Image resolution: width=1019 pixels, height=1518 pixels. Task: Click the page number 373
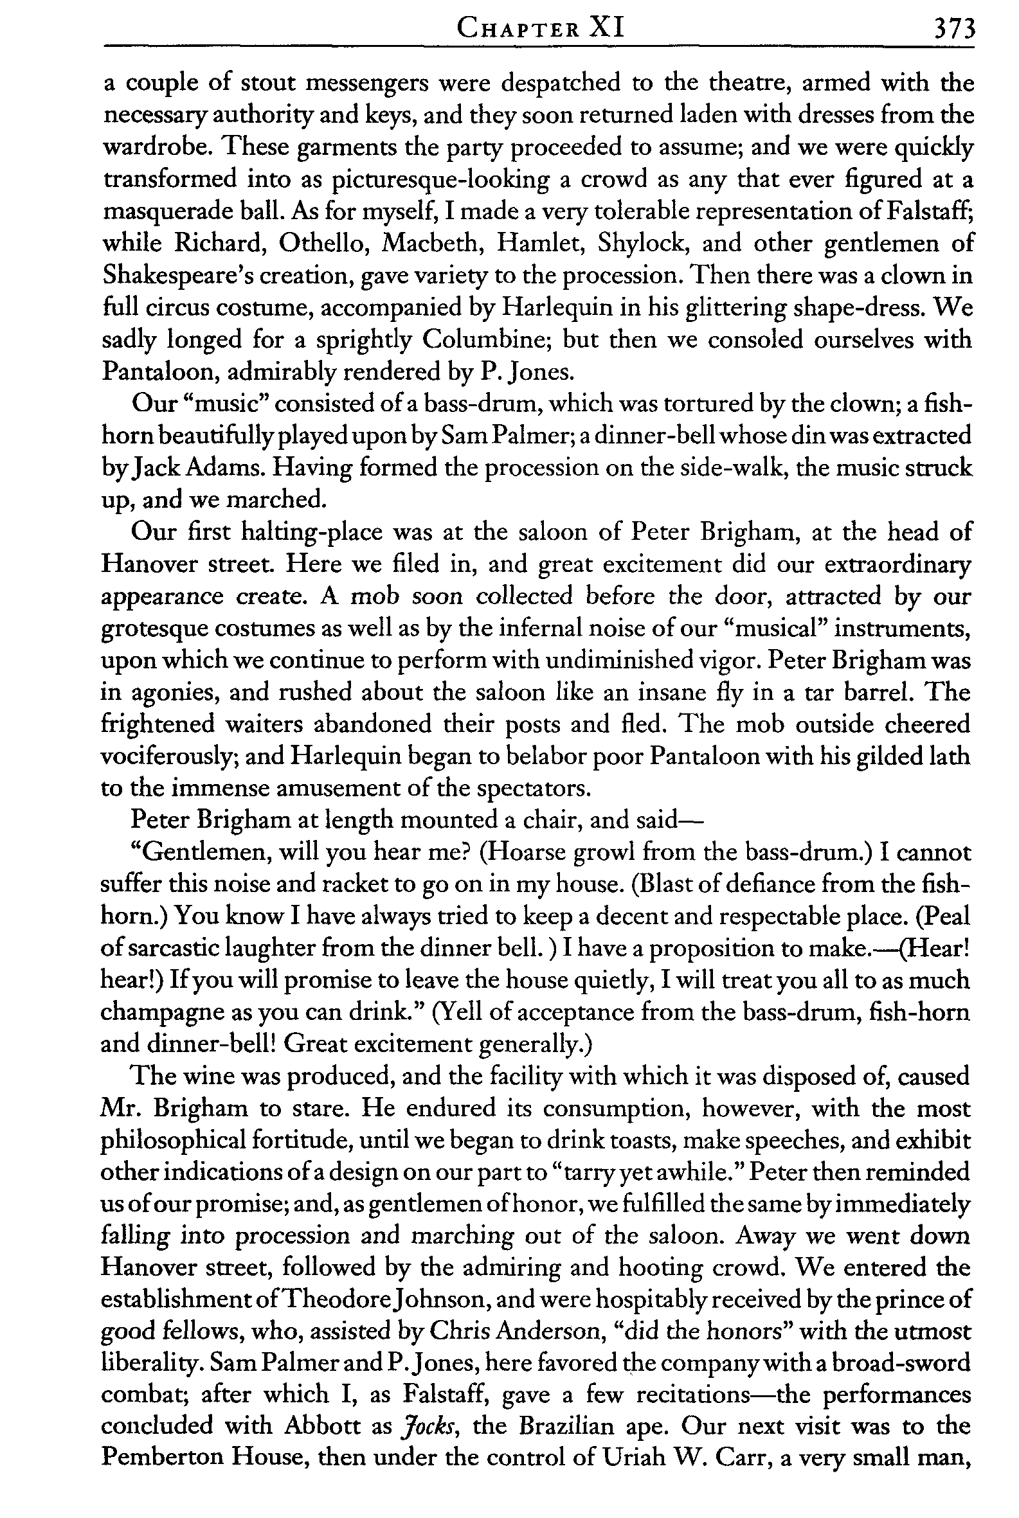(953, 29)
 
